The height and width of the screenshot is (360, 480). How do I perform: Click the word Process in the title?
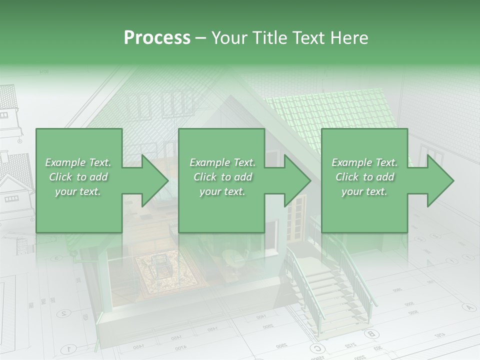click(157, 38)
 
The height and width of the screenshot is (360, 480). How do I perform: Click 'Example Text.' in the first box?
click(78, 162)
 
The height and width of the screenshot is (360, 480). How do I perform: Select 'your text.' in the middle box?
click(222, 191)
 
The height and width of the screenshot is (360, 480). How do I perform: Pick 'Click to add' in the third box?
click(364, 177)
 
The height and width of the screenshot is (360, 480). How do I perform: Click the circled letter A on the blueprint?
click(469, 307)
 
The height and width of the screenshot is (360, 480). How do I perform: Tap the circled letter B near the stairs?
click(370, 333)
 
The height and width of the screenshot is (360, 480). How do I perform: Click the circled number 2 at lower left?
click(63, 313)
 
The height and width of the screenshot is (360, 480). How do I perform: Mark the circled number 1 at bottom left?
click(69, 349)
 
